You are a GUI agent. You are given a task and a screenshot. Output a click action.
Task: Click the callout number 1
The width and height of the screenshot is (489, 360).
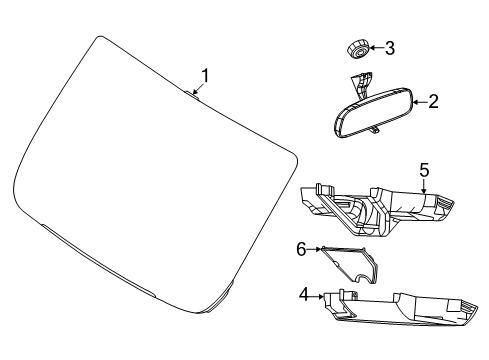205,75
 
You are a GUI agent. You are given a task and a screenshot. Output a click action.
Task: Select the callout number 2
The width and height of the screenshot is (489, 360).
433,101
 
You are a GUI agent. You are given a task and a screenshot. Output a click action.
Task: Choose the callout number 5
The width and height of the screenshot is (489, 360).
424,171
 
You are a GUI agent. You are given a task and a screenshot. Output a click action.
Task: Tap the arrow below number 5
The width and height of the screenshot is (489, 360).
424,184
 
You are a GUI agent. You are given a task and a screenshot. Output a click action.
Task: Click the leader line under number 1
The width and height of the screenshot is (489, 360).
201,90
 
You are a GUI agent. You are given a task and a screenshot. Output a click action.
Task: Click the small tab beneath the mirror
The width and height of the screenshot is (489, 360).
375,130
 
